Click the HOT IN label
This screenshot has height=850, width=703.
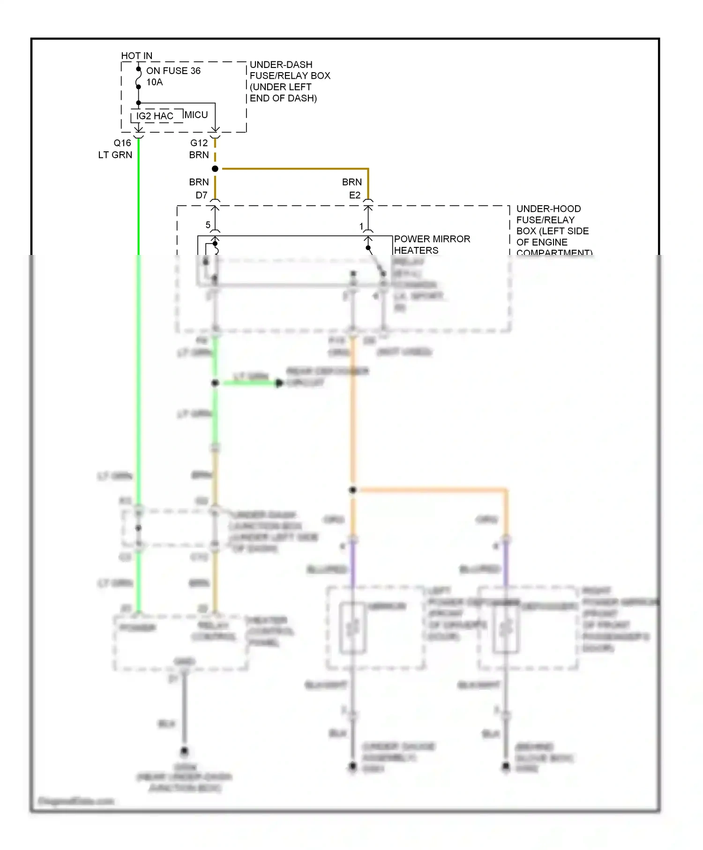click(136, 56)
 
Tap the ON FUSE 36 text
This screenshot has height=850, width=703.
click(173, 71)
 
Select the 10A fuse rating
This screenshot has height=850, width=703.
click(154, 82)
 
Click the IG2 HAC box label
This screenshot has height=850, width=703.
click(155, 116)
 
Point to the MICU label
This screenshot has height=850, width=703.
click(196, 115)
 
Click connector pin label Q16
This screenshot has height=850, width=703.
click(122, 143)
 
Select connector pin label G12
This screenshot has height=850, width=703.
click(199, 143)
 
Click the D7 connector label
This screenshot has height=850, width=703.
click(201, 195)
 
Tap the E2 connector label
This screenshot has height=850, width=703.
click(354, 195)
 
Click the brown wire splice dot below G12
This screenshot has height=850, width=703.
click(215, 169)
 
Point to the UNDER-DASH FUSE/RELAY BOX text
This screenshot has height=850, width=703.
click(290, 81)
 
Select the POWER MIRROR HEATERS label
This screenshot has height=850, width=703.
click(431, 244)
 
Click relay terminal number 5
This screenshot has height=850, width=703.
click(208, 225)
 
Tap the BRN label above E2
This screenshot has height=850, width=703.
click(351, 182)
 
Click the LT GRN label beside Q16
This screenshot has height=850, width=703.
click(115, 155)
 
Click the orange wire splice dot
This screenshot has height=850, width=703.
click(353, 490)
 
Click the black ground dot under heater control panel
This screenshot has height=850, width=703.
click(184, 751)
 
